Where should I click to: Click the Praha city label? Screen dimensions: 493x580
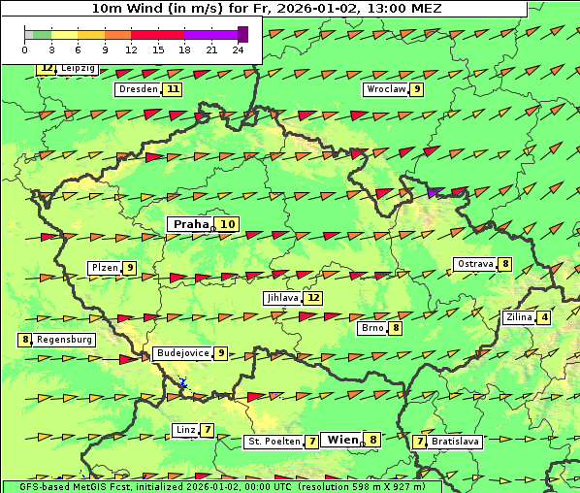(x=191, y=224)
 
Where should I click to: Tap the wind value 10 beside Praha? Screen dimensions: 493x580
(x=227, y=224)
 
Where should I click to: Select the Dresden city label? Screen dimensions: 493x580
(x=137, y=89)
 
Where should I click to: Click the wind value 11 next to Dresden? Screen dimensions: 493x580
(x=173, y=89)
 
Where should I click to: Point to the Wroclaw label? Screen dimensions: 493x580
(x=385, y=89)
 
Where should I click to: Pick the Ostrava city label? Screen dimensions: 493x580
(x=476, y=264)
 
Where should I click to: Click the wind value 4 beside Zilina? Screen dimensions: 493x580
(x=544, y=317)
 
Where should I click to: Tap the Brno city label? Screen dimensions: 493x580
(x=372, y=328)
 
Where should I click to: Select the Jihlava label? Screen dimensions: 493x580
(x=281, y=298)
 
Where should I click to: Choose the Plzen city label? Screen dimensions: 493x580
(x=105, y=268)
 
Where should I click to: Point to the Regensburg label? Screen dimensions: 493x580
(x=64, y=340)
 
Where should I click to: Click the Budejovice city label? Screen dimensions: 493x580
(x=182, y=353)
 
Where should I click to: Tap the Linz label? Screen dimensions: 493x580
(x=185, y=430)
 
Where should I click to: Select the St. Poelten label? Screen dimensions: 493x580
(x=274, y=442)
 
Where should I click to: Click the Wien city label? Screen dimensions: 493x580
(x=343, y=440)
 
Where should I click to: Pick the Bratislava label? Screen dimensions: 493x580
(x=456, y=442)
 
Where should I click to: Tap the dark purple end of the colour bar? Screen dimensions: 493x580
(x=242, y=34)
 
